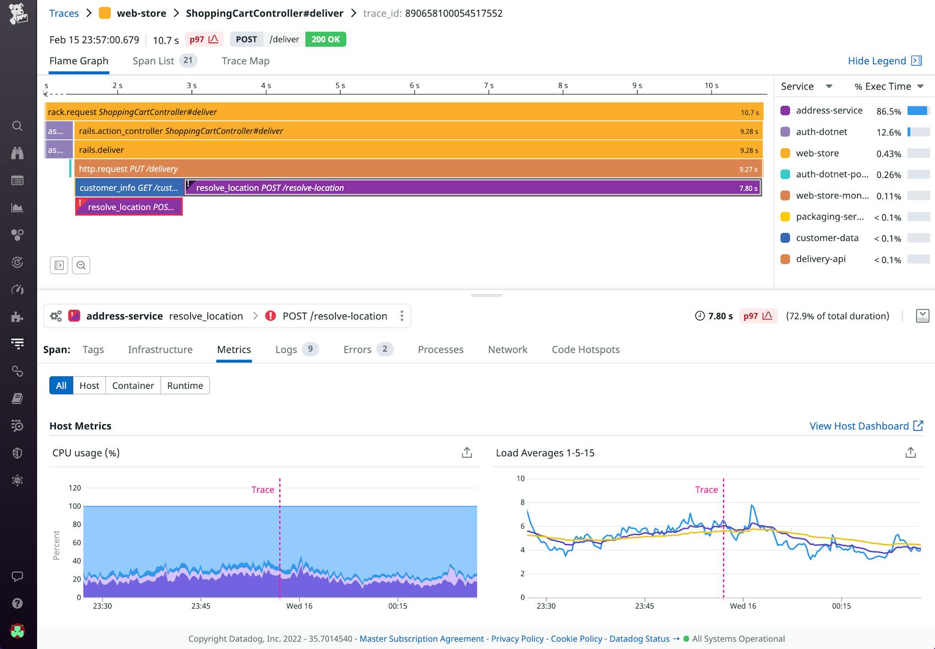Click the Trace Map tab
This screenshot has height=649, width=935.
click(x=245, y=61)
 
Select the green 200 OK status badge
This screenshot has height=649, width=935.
click(x=325, y=39)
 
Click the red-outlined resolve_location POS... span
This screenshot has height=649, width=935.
click(x=129, y=207)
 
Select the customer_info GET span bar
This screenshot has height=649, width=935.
click(x=129, y=188)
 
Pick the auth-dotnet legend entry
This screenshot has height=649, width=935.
click(x=821, y=131)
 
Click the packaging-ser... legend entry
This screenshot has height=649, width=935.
click(x=829, y=217)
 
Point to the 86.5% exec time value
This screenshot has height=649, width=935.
click(x=888, y=111)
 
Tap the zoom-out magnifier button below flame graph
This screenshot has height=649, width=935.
click(x=81, y=265)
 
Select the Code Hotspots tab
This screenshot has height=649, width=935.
click(x=585, y=349)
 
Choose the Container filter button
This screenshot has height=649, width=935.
click(x=132, y=386)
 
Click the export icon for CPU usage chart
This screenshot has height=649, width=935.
click(x=467, y=453)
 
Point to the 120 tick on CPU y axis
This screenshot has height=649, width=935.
click(x=75, y=488)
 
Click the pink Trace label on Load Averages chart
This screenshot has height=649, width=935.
click(x=706, y=489)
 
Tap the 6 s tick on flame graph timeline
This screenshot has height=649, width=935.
click(x=414, y=86)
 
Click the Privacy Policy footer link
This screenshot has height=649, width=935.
click(x=517, y=639)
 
